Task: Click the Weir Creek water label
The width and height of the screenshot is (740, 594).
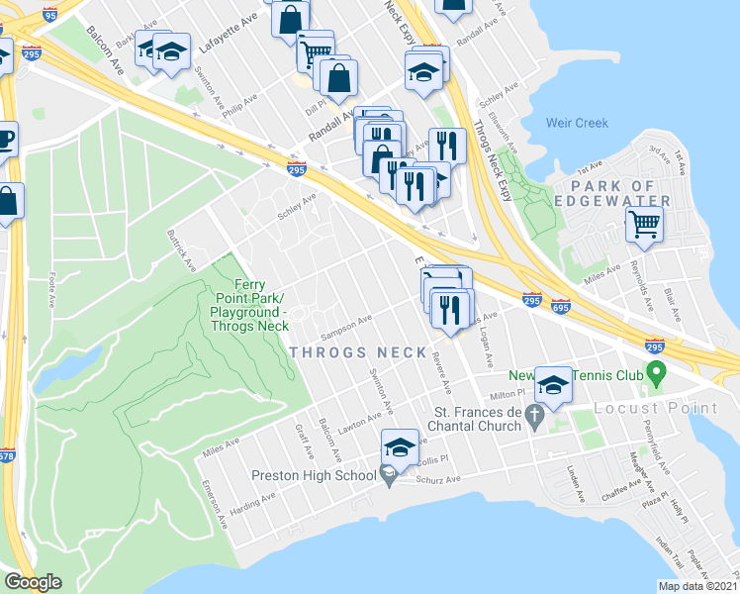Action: click(x=577, y=124)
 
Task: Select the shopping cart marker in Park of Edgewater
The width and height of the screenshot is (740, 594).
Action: click(x=643, y=227)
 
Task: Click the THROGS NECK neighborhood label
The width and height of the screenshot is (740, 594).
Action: click(x=358, y=352)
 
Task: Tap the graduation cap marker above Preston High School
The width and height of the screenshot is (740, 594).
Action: click(x=399, y=446)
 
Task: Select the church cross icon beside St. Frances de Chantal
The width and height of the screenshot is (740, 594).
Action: click(x=536, y=419)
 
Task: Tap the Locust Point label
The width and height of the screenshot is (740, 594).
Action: click(x=657, y=408)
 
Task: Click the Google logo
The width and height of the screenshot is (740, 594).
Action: click(x=34, y=582)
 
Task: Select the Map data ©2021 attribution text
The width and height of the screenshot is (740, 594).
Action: click(x=697, y=586)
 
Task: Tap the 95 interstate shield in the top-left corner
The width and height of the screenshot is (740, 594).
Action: click(x=50, y=13)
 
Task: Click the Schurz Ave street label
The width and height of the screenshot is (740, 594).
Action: click(x=438, y=479)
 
